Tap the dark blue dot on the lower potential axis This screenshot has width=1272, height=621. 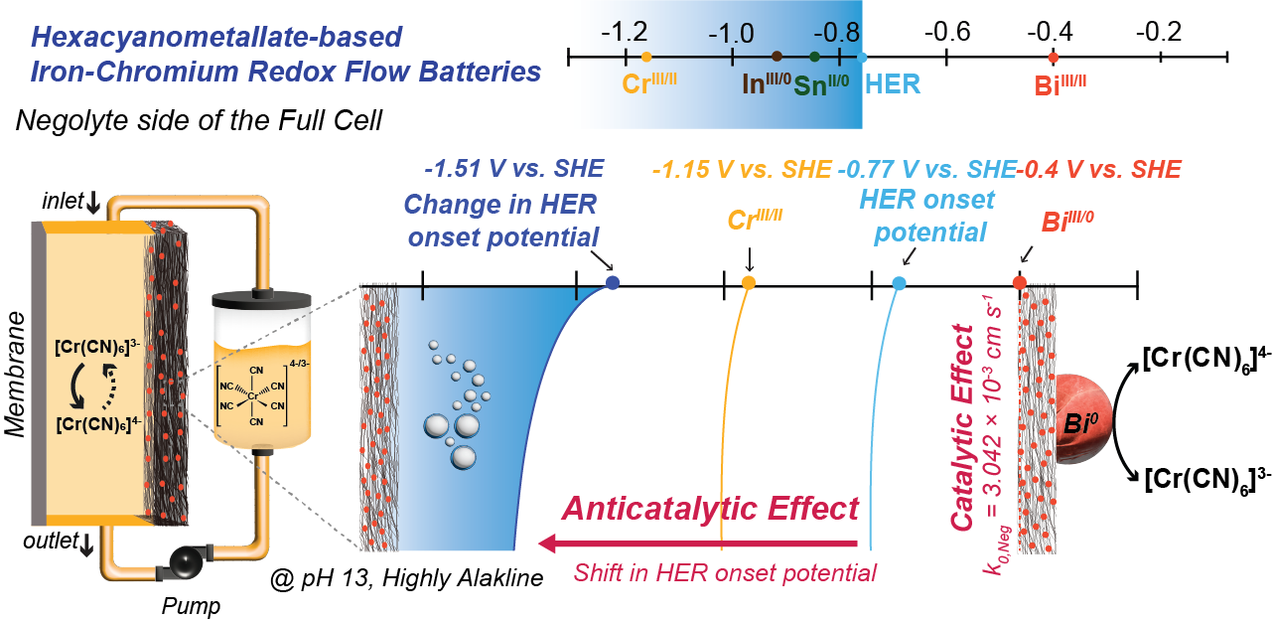pos(613,283)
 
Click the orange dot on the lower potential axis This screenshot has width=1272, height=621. pos(748,283)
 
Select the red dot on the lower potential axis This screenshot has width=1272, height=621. pos(1020,283)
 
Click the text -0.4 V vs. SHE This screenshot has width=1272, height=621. pos(1099,169)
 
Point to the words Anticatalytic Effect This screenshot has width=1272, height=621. pos(710,509)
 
